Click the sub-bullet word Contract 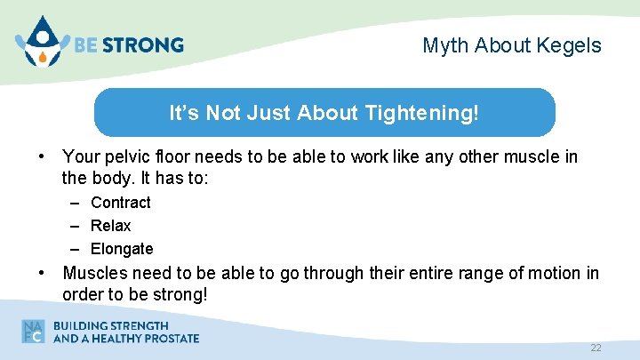coord(121,203)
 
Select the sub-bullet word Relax coord(111,226)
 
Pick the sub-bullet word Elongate coord(122,249)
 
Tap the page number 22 coord(596,348)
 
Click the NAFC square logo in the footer coord(34,331)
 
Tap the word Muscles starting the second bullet coord(94,273)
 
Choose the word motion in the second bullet coord(550,273)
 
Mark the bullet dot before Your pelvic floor coord(42,157)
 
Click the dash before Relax coord(76,226)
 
